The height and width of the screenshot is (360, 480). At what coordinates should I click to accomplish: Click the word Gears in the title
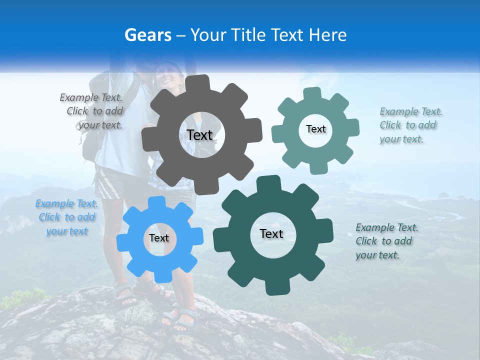coord(147,35)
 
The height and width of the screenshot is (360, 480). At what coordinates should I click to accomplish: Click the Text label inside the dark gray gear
coord(199,135)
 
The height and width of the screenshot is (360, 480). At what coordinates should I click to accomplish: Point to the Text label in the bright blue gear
coord(159,238)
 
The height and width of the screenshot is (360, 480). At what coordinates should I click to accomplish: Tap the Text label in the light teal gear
coord(315,129)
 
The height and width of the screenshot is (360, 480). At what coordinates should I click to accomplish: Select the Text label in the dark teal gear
coord(271,233)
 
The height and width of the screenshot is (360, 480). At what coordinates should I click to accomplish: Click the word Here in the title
coord(328,35)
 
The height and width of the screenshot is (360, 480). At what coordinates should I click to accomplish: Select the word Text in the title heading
coord(287,35)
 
